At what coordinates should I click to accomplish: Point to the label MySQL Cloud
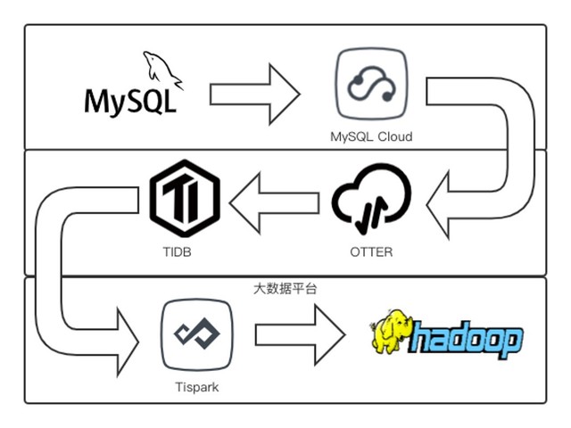[371, 137]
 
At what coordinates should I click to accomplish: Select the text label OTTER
[371, 252]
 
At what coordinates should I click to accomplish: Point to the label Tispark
[196, 388]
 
